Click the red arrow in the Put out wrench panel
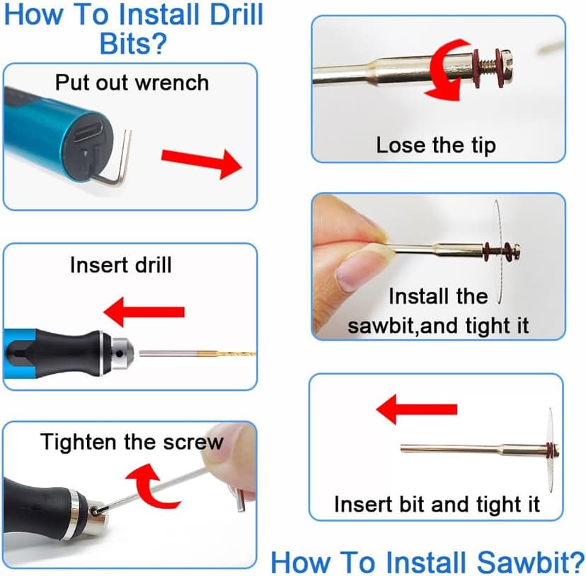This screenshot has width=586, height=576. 202,162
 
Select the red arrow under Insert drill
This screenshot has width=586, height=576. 144,311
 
